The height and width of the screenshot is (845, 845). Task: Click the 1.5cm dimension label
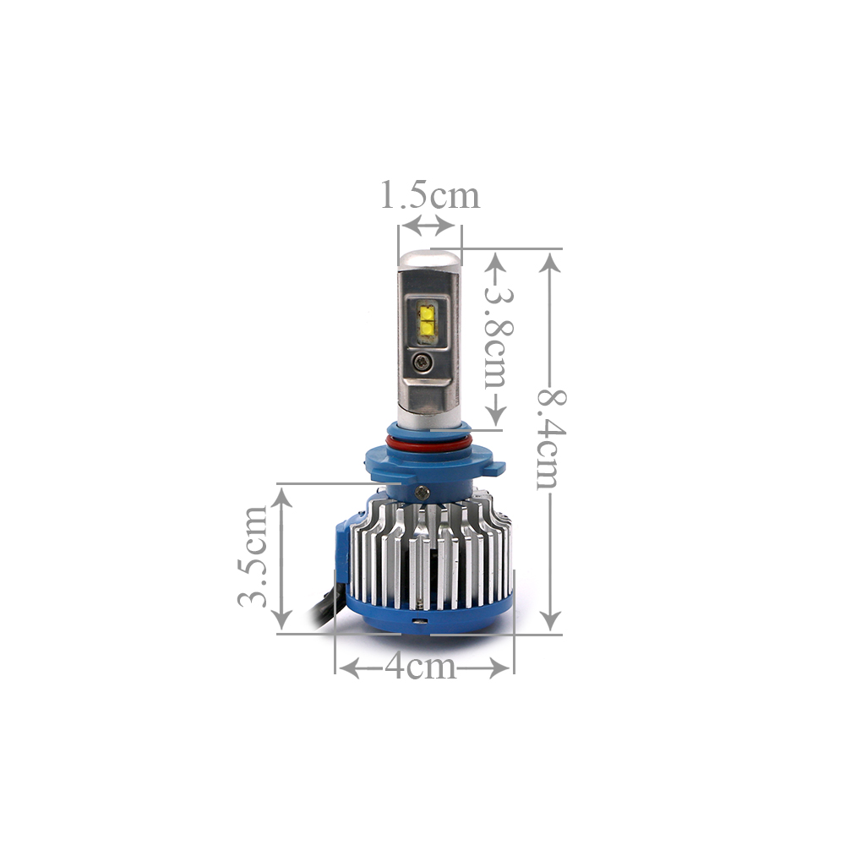coord(429,195)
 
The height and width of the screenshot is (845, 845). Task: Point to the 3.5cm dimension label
coord(253,556)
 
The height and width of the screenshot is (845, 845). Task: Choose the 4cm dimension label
coord(420,668)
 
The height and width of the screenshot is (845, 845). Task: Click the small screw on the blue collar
coord(422,492)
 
